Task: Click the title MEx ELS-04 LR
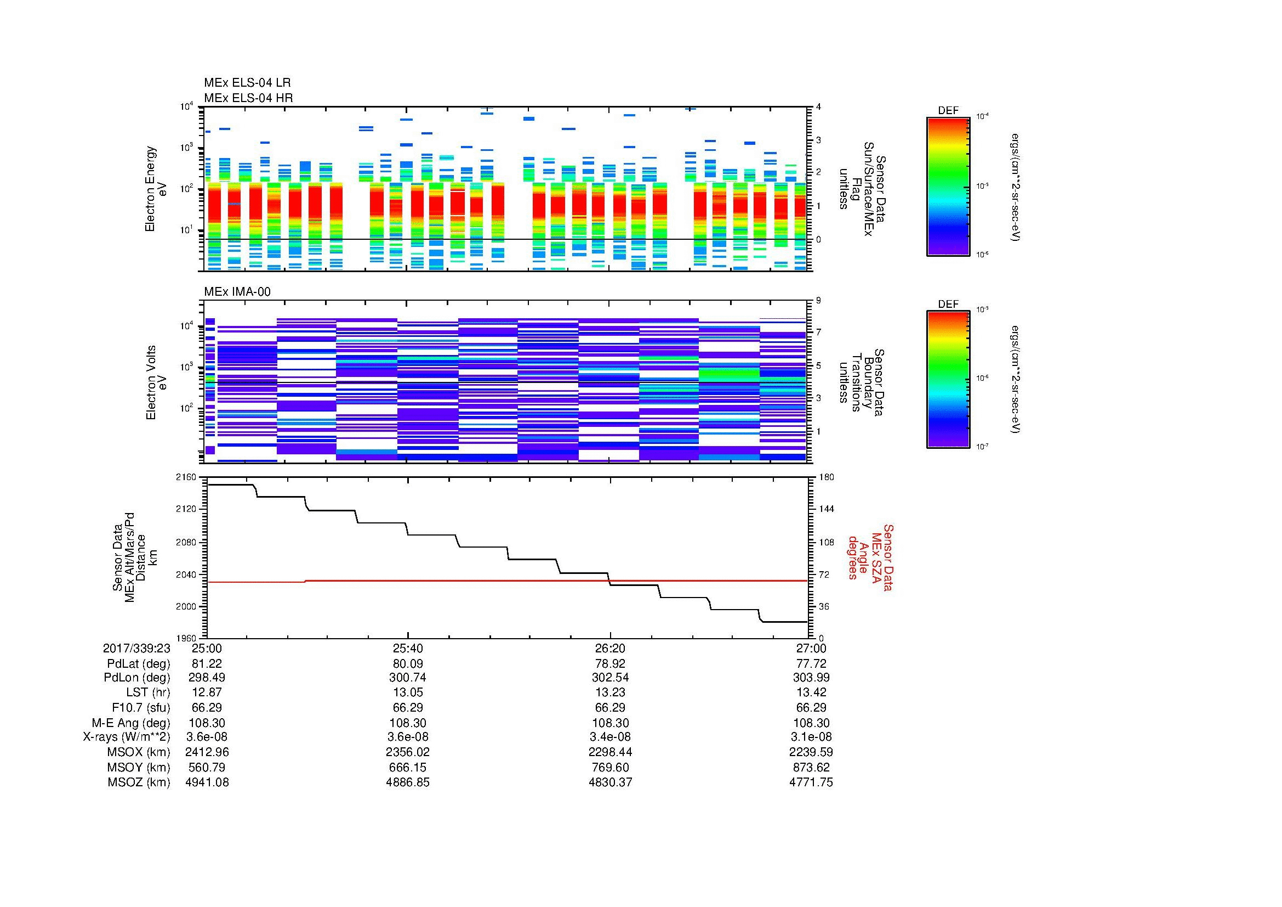click(x=247, y=83)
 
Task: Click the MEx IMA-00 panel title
click(x=237, y=292)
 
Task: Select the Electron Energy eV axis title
click(x=156, y=189)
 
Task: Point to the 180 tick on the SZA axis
click(x=825, y=477)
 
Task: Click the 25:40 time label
click(x=408, y=648)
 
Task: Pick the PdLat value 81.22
click(x=207, y=664)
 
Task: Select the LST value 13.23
click(x=609, y=692)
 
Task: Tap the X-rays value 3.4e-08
click(x=609, y=737)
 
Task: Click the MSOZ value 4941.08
click(x=207, y=782)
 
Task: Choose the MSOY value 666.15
click(x=408, y=767)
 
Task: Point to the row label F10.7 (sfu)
click(x=141, y=707)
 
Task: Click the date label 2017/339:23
click(x=136, y=648)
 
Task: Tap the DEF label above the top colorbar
click(x=948, y=111)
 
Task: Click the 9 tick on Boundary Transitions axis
click(x=818, y=301)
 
